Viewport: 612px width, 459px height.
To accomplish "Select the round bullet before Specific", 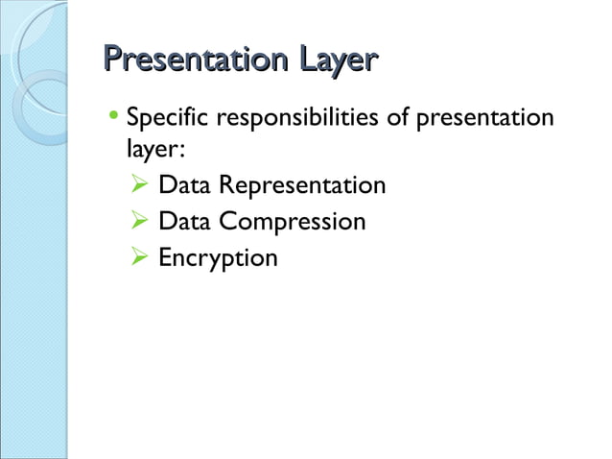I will coord(115,120).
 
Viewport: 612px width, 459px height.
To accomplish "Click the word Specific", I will coord(168,120).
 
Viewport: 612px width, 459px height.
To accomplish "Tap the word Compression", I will coord(292,222).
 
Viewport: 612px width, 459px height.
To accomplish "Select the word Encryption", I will coord(218,259).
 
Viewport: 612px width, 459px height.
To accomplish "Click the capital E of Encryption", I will coord(165,258).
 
